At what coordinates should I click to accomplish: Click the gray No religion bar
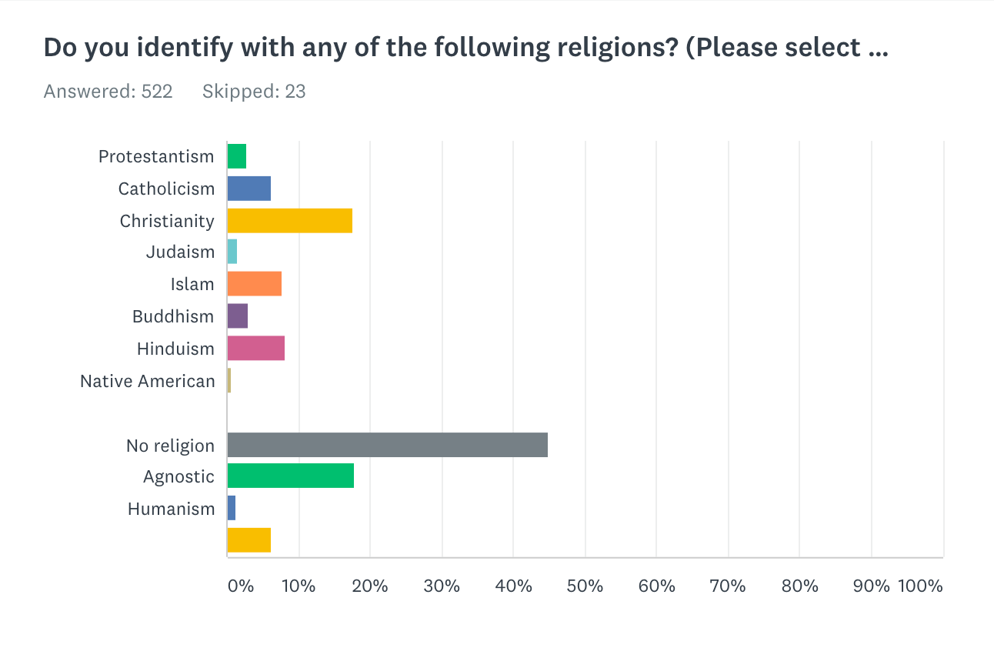(387, 445)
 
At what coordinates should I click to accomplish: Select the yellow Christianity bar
(289, 221)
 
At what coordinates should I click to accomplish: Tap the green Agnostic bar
(290, 476)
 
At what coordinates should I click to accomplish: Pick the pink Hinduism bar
(255, 349)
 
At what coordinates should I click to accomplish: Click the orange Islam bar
(254, 284)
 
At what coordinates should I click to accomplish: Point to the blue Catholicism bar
(248, 189)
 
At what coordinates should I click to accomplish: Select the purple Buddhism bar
(237, 316)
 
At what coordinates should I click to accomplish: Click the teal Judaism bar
(232, 252)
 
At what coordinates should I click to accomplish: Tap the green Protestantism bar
(236, 156)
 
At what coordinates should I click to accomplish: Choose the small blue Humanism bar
(231, 509)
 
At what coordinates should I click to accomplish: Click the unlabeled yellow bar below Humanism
(248, 540)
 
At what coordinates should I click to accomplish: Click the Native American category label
(147, 381)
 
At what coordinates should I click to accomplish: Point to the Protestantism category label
(156, 156)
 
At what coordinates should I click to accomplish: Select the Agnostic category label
(178, 476)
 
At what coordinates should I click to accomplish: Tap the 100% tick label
(920, 586)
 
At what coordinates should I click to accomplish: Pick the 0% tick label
(241, 586)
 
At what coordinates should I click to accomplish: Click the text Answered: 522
(108, 92)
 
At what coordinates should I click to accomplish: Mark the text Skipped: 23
(254, 92)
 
